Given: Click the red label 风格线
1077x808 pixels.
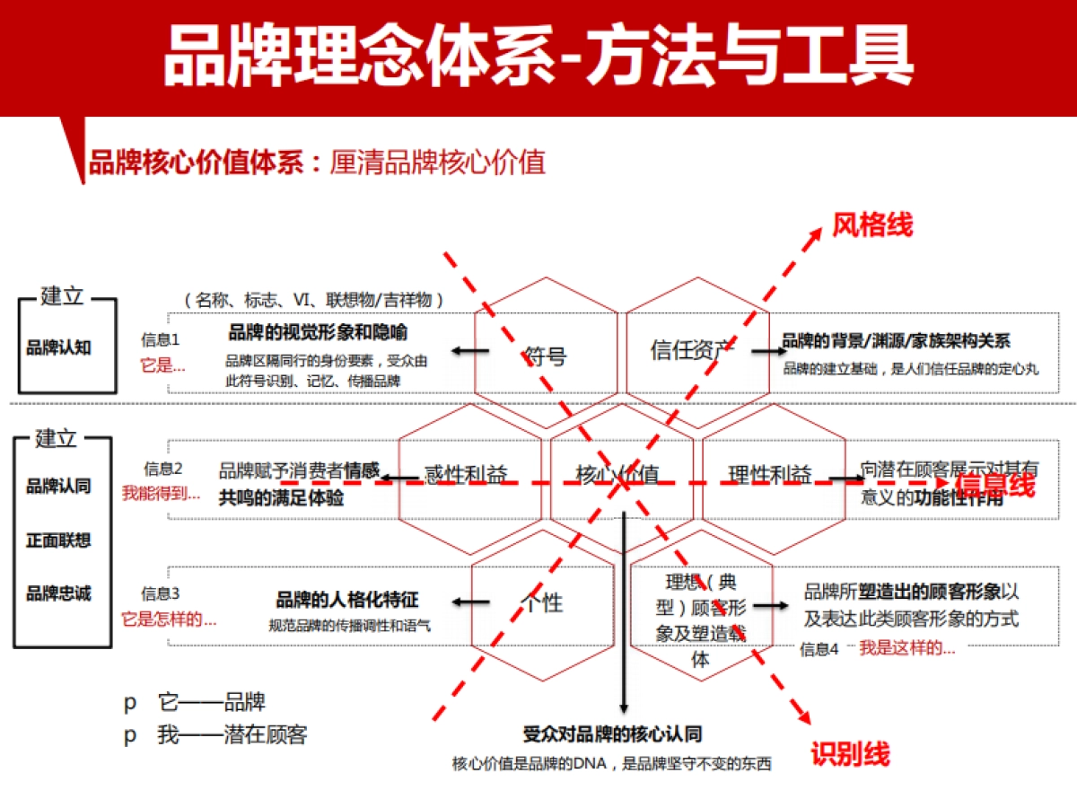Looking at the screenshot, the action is [x=871, y=224].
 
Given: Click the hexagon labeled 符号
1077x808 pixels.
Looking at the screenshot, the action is [x=546, y=354].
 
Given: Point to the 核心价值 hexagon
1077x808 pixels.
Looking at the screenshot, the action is [x=619, y=474].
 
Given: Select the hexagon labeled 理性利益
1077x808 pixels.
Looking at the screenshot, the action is [x=770, y=474].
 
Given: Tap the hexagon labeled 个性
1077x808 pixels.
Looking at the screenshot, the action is [x=543, y=602].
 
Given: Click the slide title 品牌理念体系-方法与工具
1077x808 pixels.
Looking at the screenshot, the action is [x=538, y=56].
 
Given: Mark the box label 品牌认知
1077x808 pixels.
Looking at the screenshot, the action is [x=58, y=347].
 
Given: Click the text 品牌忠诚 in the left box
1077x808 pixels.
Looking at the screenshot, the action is [x=58, y=593].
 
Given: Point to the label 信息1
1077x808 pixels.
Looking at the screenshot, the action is [x=161, y=339].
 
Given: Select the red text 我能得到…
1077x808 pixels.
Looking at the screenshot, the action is [x=162, y=492].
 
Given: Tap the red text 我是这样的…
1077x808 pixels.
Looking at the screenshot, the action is [x=906, y=648].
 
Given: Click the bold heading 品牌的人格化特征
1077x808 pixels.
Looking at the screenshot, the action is [x=346, y=601].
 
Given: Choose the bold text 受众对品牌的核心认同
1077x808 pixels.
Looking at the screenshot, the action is [x=612, y=734].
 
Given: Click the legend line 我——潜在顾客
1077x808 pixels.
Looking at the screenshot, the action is [x=232, y=735].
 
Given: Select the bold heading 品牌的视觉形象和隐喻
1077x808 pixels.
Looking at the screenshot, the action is [x=318, y=333].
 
